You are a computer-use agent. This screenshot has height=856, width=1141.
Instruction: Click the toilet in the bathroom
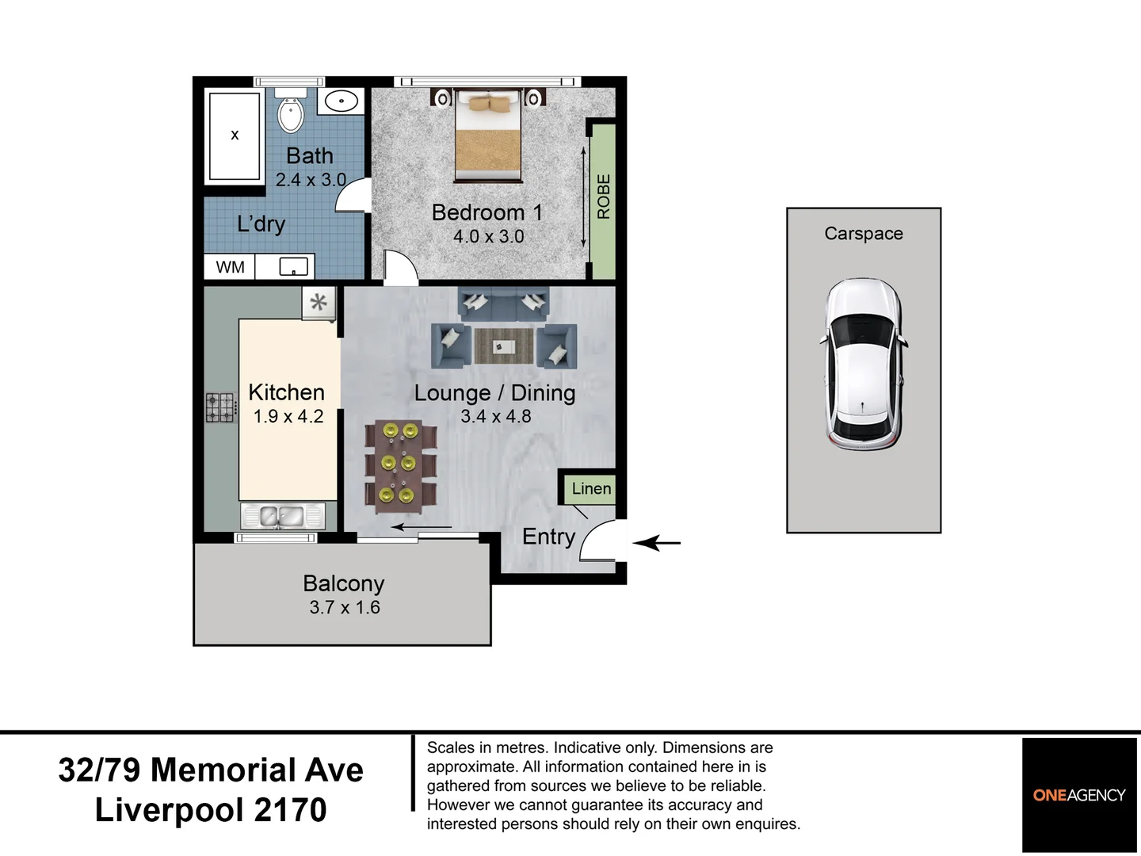pyautogui.click(x=290, y=111)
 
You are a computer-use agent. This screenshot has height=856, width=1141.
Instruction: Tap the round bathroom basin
pyautogui.click(x=341, y=101)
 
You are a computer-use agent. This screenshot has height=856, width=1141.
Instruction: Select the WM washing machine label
pyautogui.click(x=231, y=267)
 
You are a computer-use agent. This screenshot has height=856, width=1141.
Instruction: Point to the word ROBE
pyautogui.click(x=604, y=197)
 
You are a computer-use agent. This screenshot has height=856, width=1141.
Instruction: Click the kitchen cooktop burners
pyautogui.click(x=221, y=407)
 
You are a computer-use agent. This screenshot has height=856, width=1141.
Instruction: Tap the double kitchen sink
pyautogui.click(x=282, y=516)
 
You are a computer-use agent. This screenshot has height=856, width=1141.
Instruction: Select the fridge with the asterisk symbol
pyautogui.click(x=319, y=303)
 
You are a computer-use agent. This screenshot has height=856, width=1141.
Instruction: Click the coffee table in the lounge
pyautogui.click(x=504, y=346)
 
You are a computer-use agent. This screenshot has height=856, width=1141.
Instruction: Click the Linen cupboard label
pyautogui.click(x=592, y=488)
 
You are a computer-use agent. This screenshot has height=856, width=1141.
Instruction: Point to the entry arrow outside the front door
pyautogui.click(x=657, y=543)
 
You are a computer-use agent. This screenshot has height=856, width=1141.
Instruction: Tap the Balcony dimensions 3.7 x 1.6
pyautogui.click(x=345, y=607)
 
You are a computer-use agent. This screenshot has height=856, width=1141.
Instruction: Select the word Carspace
pyautogui.click(x=864, y=234)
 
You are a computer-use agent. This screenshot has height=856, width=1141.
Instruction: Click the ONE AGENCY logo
pyautogui.click(x=1079, y=795)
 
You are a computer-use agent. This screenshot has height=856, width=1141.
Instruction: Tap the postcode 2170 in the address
pyautogui.click(x=290, y=809)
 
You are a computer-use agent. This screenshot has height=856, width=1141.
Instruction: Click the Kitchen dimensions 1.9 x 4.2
pyautogui.click(x=288, y=416)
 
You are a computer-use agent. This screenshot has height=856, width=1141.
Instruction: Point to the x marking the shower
pyautogui.click(x=235, y=135)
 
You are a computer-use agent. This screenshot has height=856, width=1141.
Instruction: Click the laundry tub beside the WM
pyautogui.click(x=294, y=267)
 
